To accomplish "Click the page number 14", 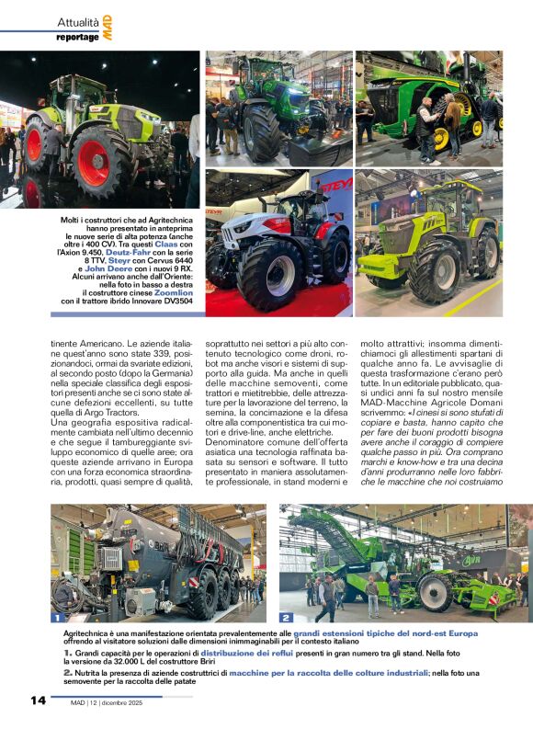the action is [x=37, y=701].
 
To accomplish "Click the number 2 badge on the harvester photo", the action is [x=286, y=618].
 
